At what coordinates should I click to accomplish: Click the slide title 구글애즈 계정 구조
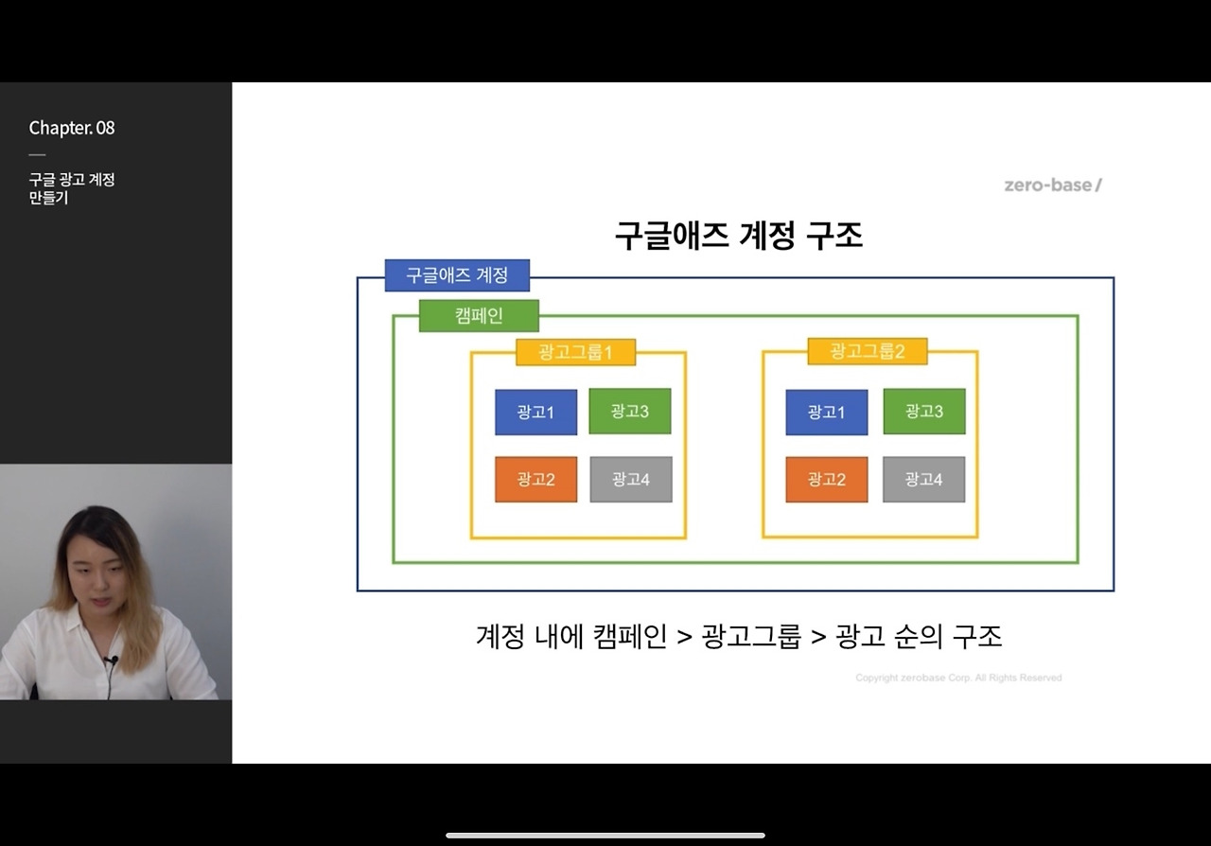(x=738, y=235)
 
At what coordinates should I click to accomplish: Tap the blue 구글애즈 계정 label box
(x=457, y=275)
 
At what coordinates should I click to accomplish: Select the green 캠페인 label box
(x=479, y=316)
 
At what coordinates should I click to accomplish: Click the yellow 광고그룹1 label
(x=575, y=352)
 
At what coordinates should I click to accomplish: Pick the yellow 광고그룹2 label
(x=867, y=351)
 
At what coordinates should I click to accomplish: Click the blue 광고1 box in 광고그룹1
(x=535, y=413)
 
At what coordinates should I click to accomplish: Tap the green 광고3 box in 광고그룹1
(x=629, y=412)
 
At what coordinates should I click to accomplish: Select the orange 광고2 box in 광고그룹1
(x=535, y=480)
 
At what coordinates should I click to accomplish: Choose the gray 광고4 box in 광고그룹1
(x=630, y=480)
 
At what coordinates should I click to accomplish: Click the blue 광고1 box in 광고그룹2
(x=826, y=413)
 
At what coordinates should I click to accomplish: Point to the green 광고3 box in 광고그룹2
(x=923, y=412)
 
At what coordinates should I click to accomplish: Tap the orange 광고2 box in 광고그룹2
(x=826, y=480)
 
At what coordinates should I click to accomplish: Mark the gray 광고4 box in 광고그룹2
(x=923, y=480)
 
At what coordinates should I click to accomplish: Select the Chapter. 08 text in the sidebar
(x=72, y=128)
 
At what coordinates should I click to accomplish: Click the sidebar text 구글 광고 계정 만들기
(x=71, y=188)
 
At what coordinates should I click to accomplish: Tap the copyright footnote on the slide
(x=957, y=678)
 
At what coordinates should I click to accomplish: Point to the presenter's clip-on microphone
(x=111, y=660)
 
